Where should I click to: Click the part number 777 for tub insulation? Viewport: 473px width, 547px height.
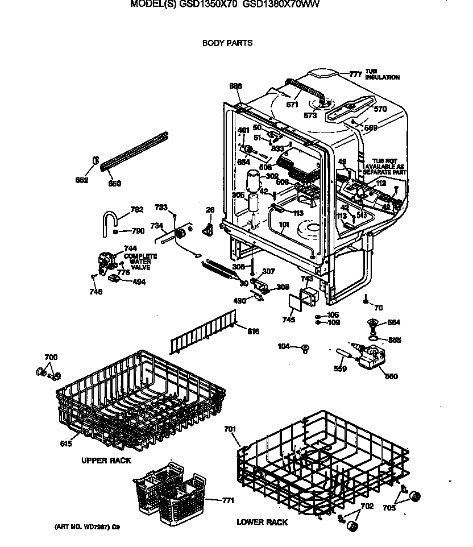point(355,74)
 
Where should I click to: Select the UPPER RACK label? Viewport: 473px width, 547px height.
point(106,460)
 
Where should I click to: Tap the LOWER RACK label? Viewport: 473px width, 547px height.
point(262,522)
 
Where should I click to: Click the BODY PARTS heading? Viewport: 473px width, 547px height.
point(227,43)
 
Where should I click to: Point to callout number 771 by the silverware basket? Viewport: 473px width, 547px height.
point(228,500)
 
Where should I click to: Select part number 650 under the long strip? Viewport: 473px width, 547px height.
point(115,184)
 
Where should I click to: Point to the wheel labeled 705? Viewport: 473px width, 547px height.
point(414,496)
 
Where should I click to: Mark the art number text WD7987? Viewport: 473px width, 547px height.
point(87,527)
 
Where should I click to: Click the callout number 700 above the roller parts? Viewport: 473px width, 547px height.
point(51,357)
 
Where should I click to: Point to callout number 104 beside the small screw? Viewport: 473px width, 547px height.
point(284,346)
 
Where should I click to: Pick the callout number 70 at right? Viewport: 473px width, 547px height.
point(378,308)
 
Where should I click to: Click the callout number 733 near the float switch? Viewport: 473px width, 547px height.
point(161,207)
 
